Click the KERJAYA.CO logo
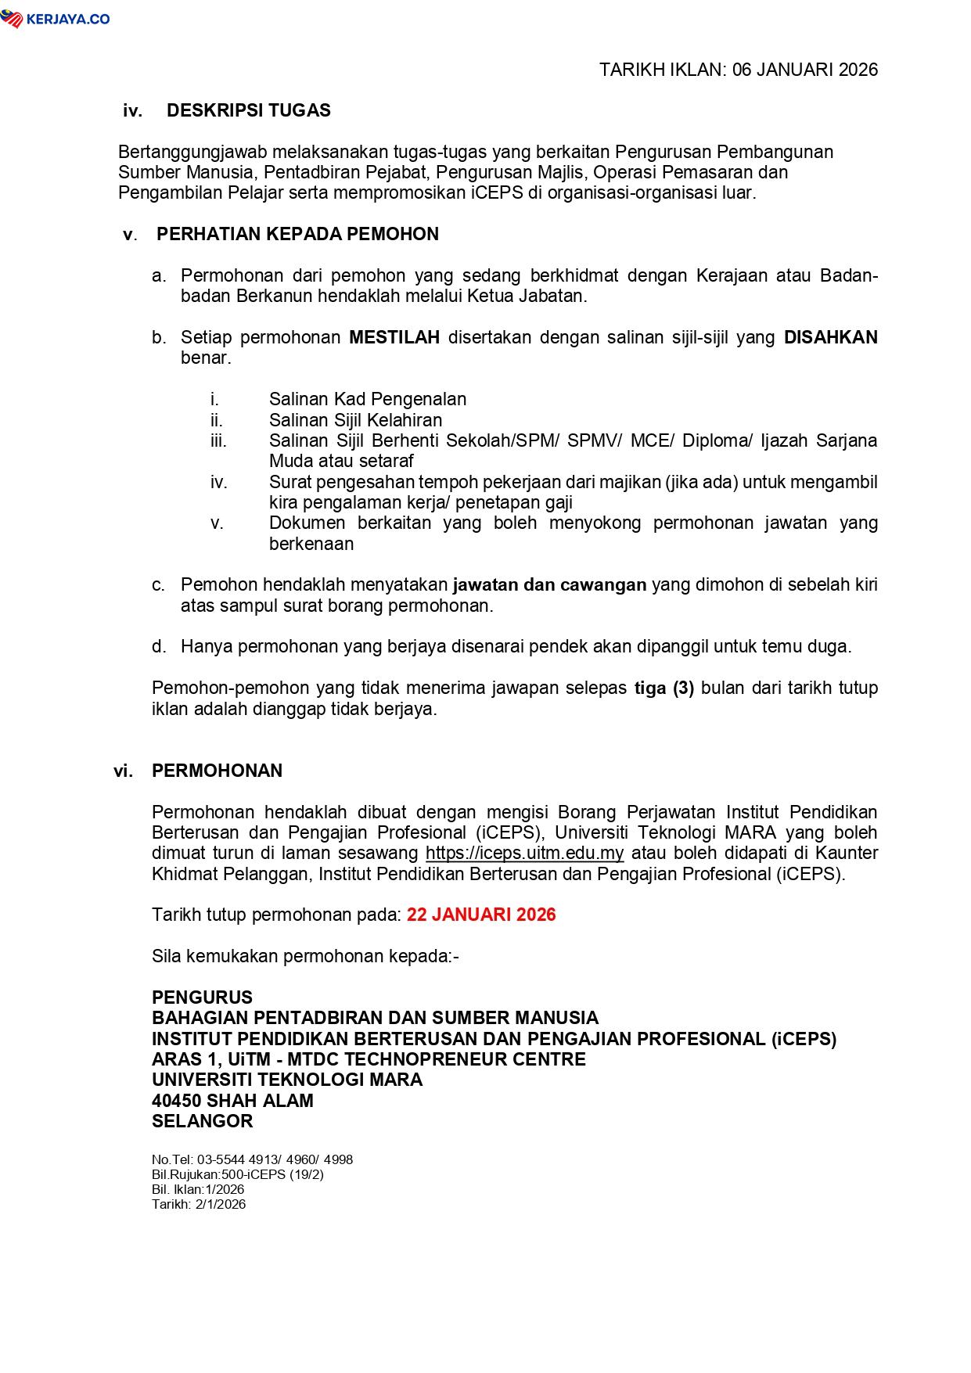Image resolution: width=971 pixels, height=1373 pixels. pyautogui.click(x=56, y=20)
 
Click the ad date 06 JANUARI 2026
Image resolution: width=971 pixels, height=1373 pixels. pyautogui.click(x=805, y=70)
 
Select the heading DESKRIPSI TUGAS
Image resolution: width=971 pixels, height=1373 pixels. pyautogui.click(x=248, y=110)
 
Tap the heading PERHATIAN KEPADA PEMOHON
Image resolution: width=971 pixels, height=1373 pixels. pyautogui.click(x=297, y=234)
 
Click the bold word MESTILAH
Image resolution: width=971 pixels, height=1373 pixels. pyautogui.click(x=394, y=337)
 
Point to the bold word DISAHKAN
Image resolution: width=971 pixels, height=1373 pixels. pyautogui.click(x=830, y=337)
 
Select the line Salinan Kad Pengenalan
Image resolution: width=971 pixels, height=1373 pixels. pyautogui.click(x=368, y=399)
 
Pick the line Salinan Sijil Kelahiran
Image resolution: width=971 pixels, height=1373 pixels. pyautogui.click(x=355, y=420)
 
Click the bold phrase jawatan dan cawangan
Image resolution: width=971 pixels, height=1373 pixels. pyautogui.click(x=549, y=584)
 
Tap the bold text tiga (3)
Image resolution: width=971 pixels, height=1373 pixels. pyautogui.click(x=664, y=688)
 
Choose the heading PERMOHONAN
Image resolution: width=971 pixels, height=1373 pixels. pyautogui.click(x=217, y=771)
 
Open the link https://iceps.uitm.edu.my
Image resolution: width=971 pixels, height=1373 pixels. pyautogui.click(x=524, y=853)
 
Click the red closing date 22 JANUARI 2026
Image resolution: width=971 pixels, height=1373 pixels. pyautogui.click(x=481, y=915)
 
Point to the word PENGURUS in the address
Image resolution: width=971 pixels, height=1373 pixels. pyautogui.click(x=202, y=997)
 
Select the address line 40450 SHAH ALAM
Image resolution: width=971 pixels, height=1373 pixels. pyautogui.click(x=232, y=1101)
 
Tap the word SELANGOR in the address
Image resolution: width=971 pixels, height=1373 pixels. pyautogui.click(x=202, y=1121)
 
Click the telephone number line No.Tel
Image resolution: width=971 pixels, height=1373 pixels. pyautogui.click(x=252, y=1159)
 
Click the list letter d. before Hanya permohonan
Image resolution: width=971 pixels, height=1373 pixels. pyautogui.click(x=159, y=646)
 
